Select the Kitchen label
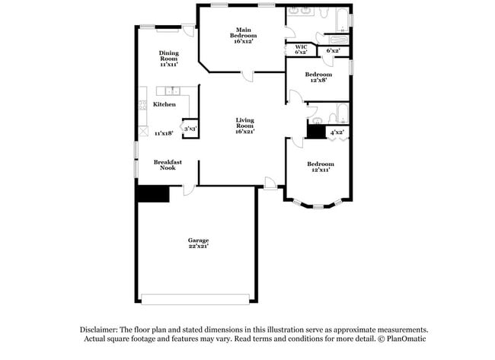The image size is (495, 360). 164,104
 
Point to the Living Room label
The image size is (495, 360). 244,122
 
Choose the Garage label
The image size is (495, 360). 198,241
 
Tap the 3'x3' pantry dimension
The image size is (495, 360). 190,129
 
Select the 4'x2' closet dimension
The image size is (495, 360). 336,132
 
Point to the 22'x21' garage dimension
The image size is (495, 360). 198,247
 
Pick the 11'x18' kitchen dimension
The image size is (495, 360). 164,133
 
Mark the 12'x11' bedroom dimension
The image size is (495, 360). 321,170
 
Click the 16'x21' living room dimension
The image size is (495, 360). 244,132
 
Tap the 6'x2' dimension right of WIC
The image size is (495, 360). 332,51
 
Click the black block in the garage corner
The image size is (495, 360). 152,194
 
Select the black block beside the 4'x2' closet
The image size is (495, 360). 315,131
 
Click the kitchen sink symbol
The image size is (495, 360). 174,91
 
